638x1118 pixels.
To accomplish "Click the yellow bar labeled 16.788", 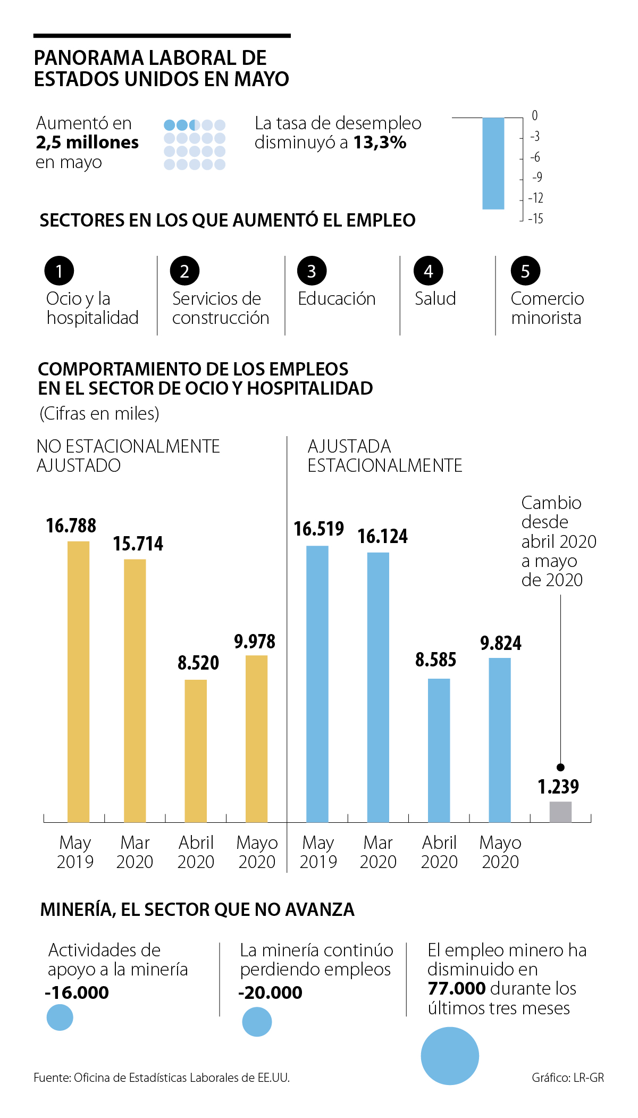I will [78, 681].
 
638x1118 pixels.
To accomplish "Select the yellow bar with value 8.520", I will [196, 750].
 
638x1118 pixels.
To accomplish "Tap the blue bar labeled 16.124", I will [378, 687].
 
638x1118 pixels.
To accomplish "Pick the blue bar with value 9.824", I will [500, 740].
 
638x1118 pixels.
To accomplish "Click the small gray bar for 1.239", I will [560, 812].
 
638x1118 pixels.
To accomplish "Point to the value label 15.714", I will [138, 544].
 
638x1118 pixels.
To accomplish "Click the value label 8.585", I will [435, 660].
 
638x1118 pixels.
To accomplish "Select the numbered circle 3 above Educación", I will [312, 271].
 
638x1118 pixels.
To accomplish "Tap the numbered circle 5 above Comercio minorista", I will [525, 271].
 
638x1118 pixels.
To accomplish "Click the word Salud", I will [435, 298].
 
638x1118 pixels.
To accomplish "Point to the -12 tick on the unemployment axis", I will [535, 198].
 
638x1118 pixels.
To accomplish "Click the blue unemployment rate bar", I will [493, 163].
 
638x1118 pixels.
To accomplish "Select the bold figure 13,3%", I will [380, 143].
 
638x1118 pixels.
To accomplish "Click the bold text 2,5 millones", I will [87, 143].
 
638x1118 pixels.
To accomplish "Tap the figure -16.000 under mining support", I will [77, 992].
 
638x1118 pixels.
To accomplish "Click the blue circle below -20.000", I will [257, 1022].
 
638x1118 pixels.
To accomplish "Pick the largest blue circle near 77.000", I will [450, 1056].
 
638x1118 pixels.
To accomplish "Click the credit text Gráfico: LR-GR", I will [567, 1078].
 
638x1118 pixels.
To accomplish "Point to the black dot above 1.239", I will [560, 767].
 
